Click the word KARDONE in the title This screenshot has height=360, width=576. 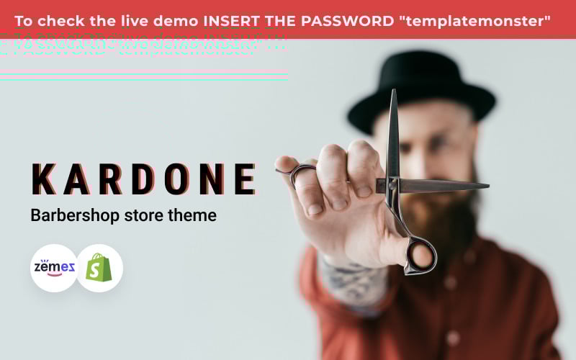pyautogui.click(x=144, y=180)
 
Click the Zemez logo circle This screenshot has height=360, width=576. pyautogui.click(x=55, y=268)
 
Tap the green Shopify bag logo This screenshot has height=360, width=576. pyautogui.click(x=99, y=268)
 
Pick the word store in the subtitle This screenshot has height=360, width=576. pyautogui.click(x=145, y=215)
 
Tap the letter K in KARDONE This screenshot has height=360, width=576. pyautogui.click(x=42, y=180)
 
